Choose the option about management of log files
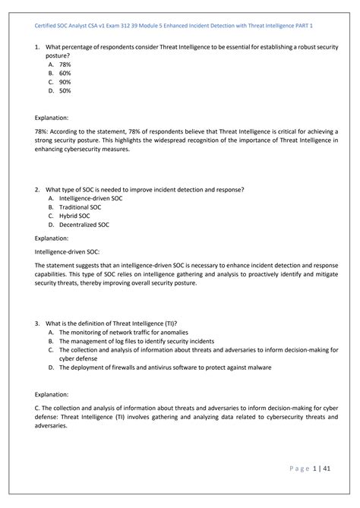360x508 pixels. tap(135, 341)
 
